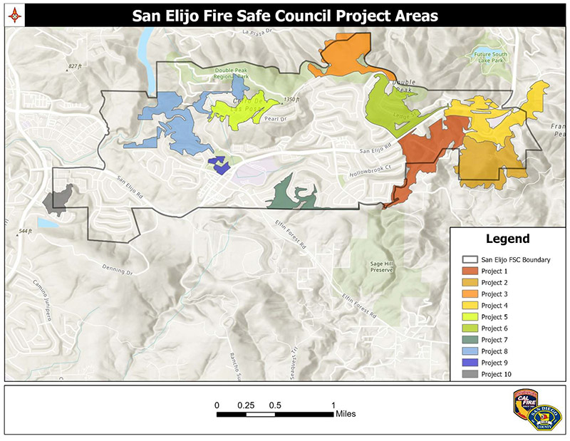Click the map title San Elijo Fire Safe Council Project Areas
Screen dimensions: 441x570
click(284, 15)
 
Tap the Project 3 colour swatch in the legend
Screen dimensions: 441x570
click(470, 294)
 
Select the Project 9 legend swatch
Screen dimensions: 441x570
click(470, 363)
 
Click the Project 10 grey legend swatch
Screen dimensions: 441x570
click(470, 374)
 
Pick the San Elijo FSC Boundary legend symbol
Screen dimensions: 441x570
click(470, 259)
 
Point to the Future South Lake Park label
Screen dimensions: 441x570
click(485, 56)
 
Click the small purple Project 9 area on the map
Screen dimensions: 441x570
click(218, 164)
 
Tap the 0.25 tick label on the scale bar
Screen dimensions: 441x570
click(247, 405)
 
